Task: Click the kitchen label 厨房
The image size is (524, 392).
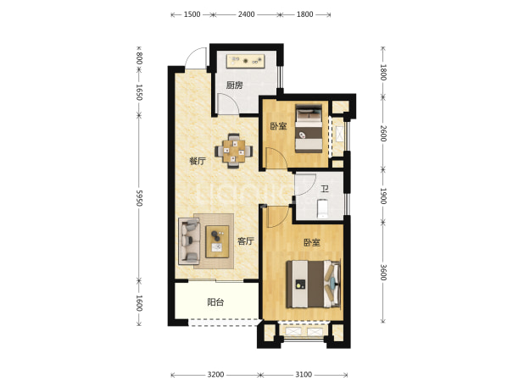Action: pyautogui.click(x=234, y=86)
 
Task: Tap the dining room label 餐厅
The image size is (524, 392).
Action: pyautogui.click(x=198, y=162)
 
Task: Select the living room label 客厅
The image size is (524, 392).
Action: pyautogui.click(x=246, y=241)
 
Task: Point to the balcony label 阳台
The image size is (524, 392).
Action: pyautogui.click(x=215, y=302)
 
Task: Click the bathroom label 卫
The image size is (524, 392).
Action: pyautogui.click(x=325, y=189)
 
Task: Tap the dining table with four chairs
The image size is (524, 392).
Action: pyautogui.click(x=233, y=151)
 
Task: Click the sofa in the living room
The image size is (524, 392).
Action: pyautogui.click(x=189, y=240)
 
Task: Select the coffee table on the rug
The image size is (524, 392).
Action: pyautogui.click(x=217, y=241)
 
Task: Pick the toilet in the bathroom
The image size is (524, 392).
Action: pyautogui.click(x=323, y=208)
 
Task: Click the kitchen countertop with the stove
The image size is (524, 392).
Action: pyautogui.click(x=246, y=61)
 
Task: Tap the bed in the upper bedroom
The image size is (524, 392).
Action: pyautogui.click(x=309, y=129)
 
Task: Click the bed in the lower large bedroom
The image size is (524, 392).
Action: pyautogui.click(x=314, y=284)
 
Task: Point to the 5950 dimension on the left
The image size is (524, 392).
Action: pyautogui.click(x=139, y=198)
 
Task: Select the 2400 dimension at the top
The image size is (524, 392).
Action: pyautogui.click(x=246, y=14)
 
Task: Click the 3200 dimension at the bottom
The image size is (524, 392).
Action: pyautogui.click(x=215, y=375)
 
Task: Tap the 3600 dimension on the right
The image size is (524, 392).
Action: pyautogui.click(x=383, y=273)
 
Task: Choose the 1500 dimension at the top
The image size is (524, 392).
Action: pyautogui.click(x=192, y=14)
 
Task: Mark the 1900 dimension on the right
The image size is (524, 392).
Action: pyautogui.click(x=383, y=196)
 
